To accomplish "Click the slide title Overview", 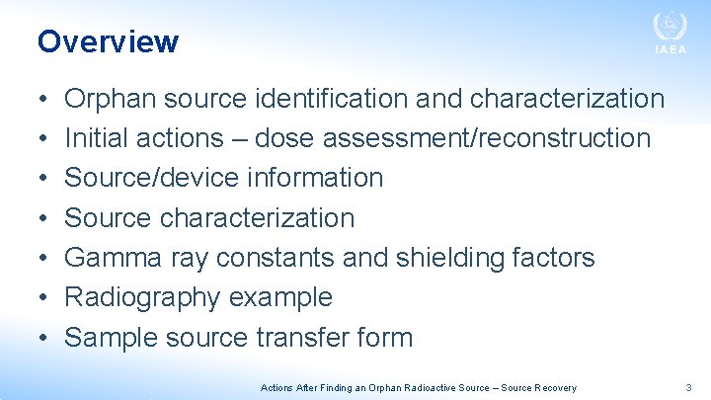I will (x=108, y=41).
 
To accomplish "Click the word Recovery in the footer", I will (x=554, y=388).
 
